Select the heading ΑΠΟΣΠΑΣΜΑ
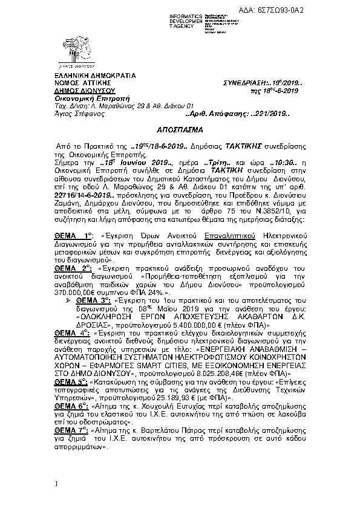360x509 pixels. [x=180, y=130]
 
